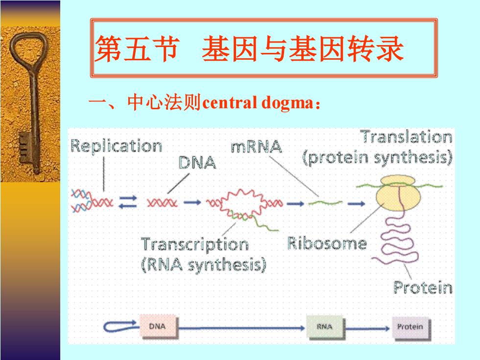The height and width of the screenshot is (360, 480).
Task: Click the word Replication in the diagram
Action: (117, 146)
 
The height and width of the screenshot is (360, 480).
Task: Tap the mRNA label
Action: (256, 146)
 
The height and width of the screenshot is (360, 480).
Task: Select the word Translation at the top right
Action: (406, 137)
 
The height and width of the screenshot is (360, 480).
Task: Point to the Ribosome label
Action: (327, 244)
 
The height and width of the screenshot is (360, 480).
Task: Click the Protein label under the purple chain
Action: (423, 288)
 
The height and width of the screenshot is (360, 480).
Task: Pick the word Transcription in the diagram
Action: (195, 245)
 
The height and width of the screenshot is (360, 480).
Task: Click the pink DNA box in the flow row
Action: (158, 327)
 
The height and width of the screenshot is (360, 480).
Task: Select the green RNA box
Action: (325, 327)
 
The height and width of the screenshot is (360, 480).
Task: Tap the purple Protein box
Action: (411, 328)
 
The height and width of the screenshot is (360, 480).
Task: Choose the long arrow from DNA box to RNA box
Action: (241, 328)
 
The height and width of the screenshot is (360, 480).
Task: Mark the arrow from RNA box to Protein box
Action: (368, 329)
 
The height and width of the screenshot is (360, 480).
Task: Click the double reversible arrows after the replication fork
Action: (128, 202)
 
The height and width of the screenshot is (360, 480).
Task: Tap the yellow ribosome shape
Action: (398, 193)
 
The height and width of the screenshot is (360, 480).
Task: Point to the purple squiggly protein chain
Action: (397, 245)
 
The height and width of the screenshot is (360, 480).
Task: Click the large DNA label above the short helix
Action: (197, 162)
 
